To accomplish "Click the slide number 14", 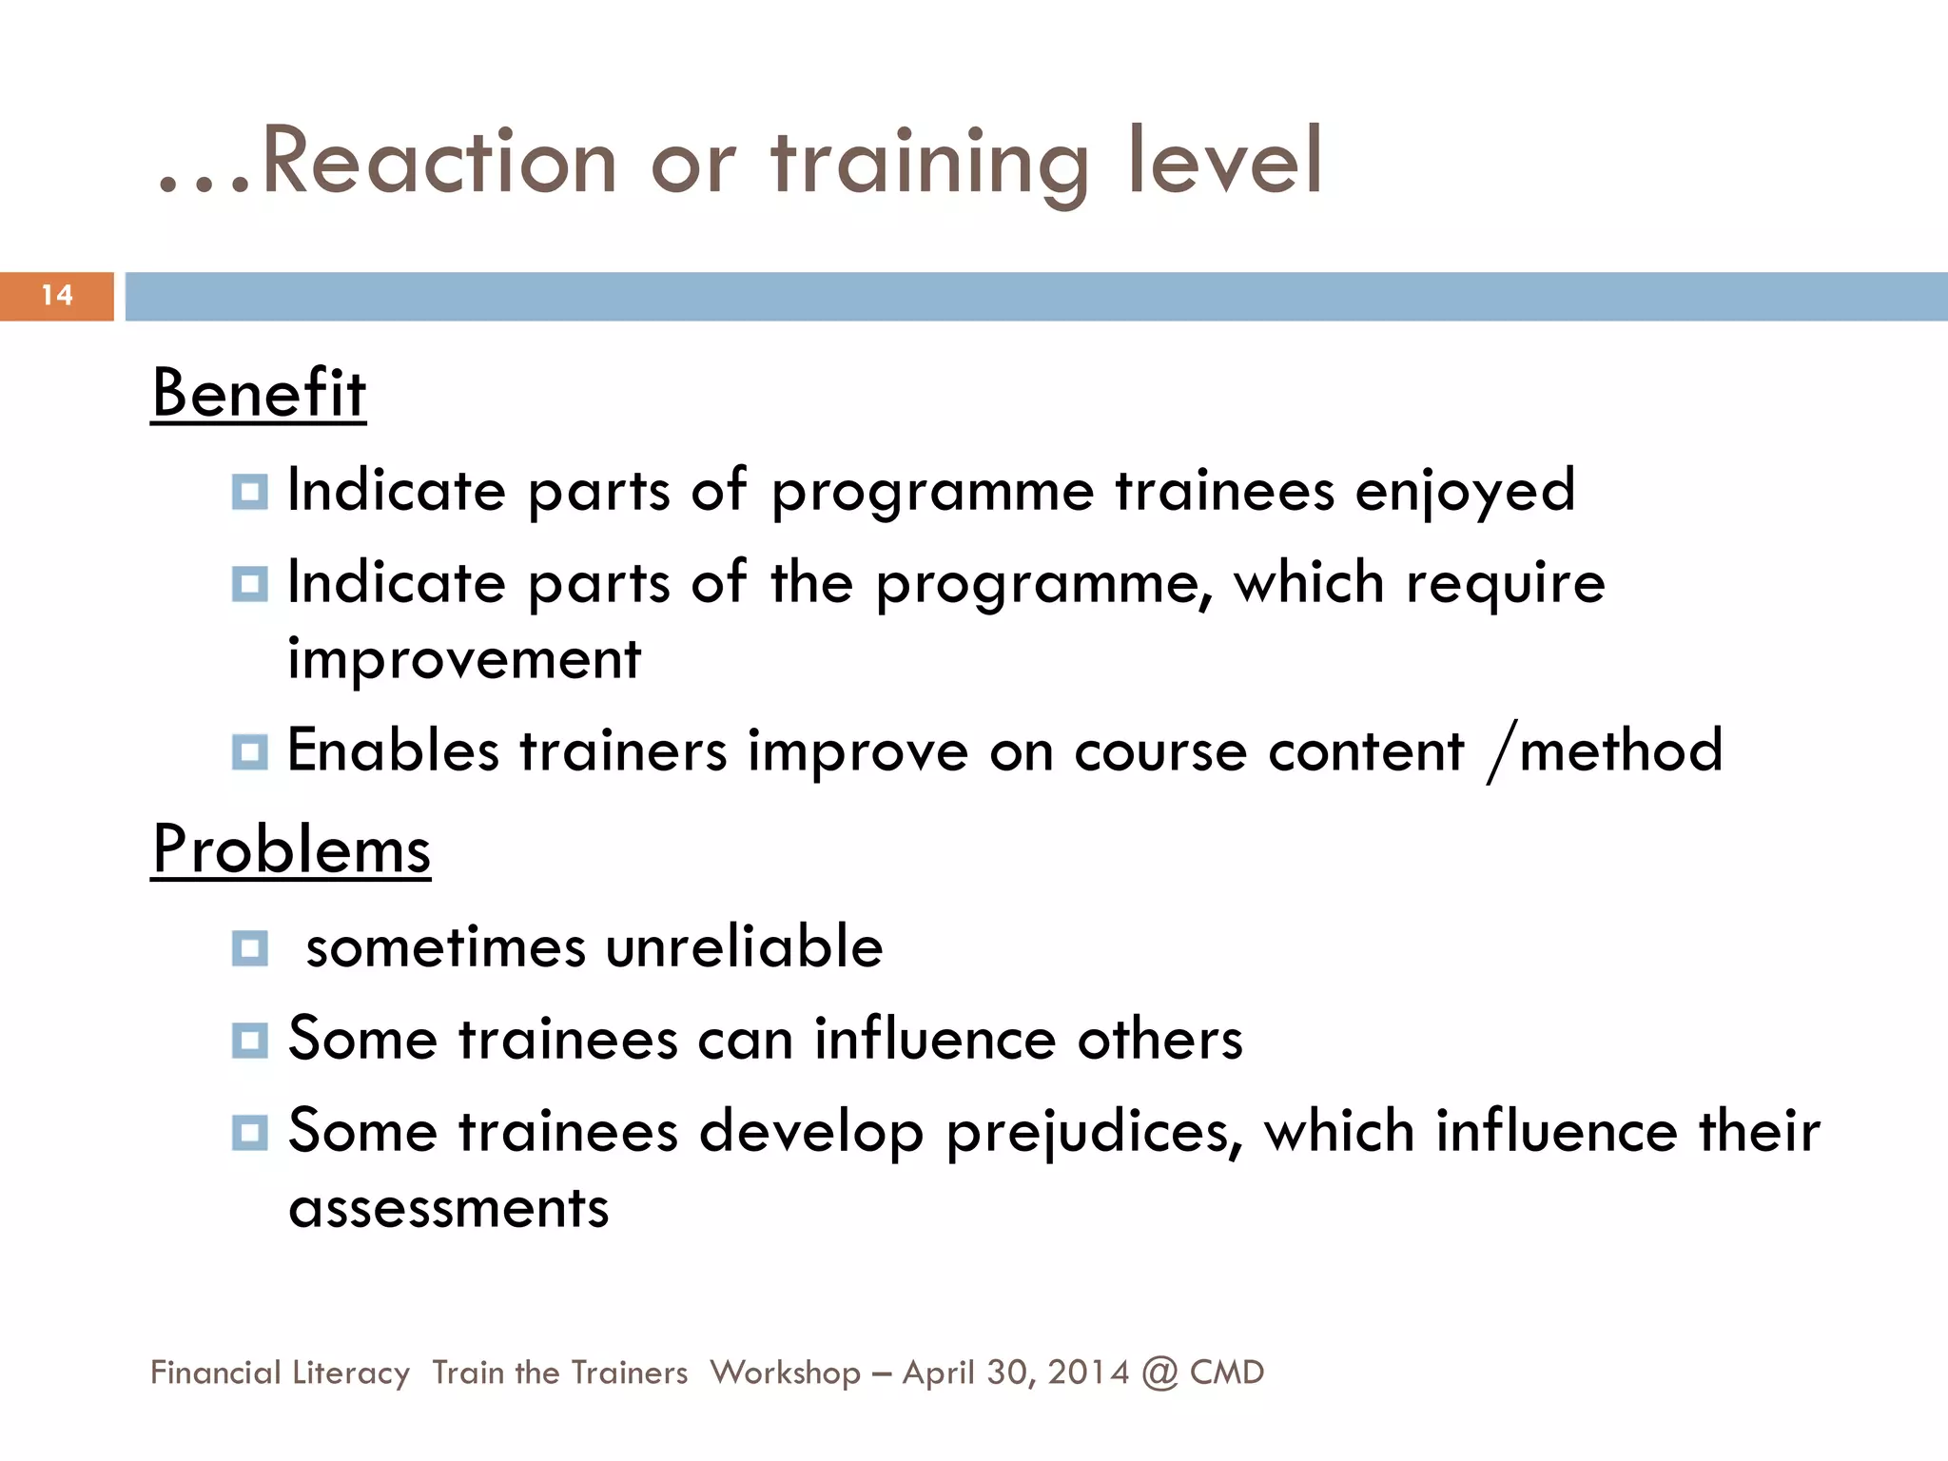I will click(57, 295).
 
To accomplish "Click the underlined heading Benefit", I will click(259, 393).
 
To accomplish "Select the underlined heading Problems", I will click(291, 849).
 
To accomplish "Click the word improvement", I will click(464, 658).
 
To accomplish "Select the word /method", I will click(1605, 750).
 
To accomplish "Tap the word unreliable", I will click(744, 947).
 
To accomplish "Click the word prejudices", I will click(1094, 1132).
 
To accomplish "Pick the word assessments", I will click(448, 1208).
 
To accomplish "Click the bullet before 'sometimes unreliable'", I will click(249, 947).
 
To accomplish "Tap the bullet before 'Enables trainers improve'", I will click(249, 751).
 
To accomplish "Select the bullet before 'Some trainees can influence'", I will click(249, 1040).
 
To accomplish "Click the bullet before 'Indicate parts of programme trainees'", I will click(249, 492).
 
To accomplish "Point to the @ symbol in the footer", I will click(1159, 1373).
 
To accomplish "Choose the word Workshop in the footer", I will click(785, 1373).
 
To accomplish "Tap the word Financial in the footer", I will click(216, 1373).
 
